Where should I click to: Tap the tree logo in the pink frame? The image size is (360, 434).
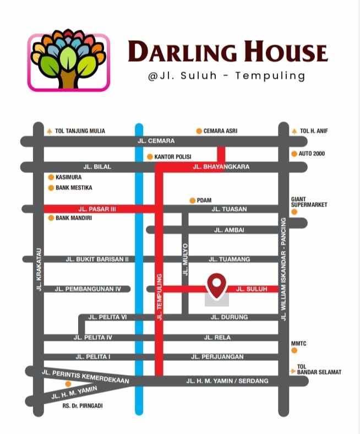click(x=69, y=62)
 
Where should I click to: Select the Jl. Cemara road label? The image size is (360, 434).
click(x=156, y=142)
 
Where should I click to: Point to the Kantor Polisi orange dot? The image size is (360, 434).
click(x=150, y=157)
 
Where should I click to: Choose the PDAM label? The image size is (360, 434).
click(x=204, y=200)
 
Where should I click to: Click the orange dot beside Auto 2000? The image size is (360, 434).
click(x=294, y=154)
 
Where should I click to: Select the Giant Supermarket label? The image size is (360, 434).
click(x=309, y=202)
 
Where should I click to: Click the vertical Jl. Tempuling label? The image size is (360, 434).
click(x=160, y=296)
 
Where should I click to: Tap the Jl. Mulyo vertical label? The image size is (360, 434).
click(x=186, y=259)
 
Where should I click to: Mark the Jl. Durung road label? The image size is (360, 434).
click(x=229, y=317)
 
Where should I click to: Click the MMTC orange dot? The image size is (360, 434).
click(x=294, y=350)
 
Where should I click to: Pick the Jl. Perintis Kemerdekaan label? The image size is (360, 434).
click(x=85, y=377)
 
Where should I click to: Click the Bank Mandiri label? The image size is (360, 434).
click(x=74, y=218)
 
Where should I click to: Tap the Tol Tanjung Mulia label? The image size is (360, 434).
click(x=80, y=131)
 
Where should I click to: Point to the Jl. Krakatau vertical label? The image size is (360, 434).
click(x=39, y=269)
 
